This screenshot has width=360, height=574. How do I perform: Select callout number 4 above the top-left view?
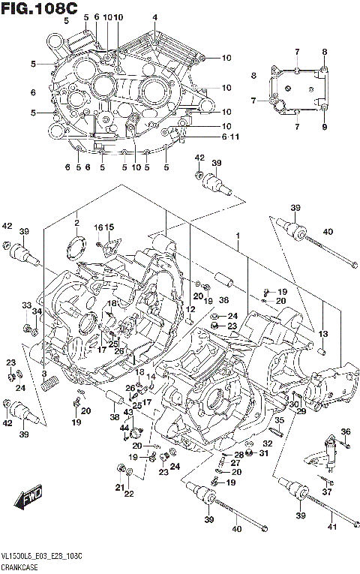click(x=154, y=17)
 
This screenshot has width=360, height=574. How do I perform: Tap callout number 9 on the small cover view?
click(x=325, y=127)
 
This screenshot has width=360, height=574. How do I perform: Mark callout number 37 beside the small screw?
click(x=326, y=491)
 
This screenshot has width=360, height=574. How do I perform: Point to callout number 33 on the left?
click(x=26, y=305)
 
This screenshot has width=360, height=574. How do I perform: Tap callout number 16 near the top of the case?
click(x=97, y=227)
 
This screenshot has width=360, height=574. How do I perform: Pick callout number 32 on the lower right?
click(x=267, y=443)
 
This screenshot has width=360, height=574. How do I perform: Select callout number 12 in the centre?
click(x=191, y=309)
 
